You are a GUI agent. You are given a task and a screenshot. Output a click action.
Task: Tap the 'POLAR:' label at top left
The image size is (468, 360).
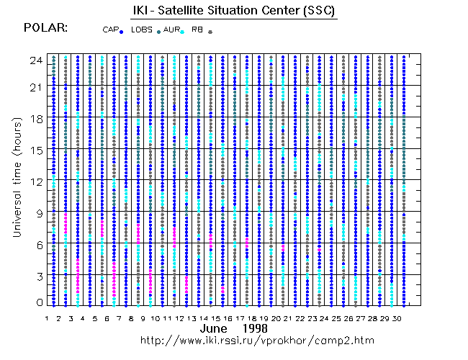click(45, 27)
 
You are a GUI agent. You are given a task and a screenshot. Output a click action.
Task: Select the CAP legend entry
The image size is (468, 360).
click(112, 30)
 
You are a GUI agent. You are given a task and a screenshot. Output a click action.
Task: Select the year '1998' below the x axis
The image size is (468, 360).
click(256, 328)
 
